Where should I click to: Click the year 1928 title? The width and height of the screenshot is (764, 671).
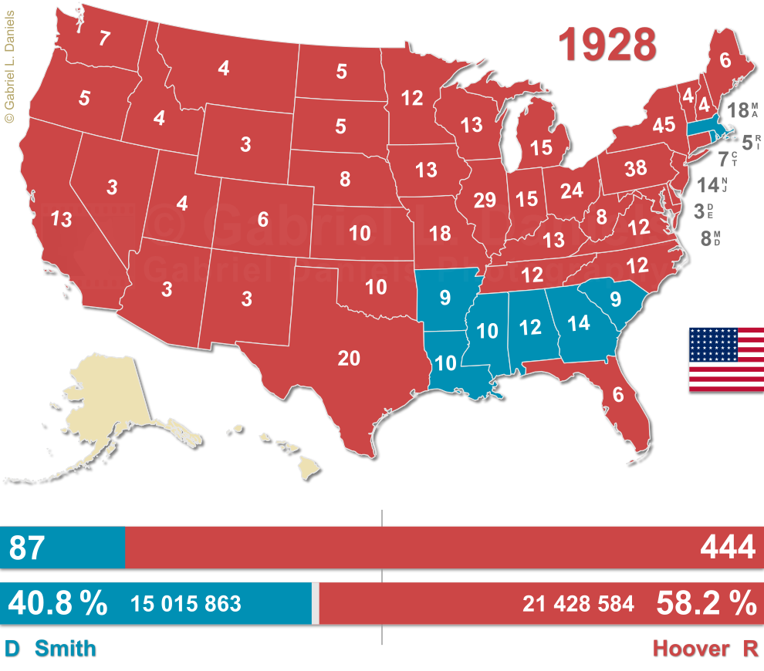click(607, 45)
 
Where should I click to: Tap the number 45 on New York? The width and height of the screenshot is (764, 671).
click(663, 124)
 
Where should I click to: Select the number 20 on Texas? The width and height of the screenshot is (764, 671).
click(349, 357)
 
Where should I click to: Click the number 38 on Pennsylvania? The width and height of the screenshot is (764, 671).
click(635, 167)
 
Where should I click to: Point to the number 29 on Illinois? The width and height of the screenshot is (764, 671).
click(485, 201)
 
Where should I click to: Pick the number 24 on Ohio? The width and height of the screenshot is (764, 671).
click(572, 191)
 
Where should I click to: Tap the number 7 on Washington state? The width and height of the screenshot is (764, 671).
click(104, 39)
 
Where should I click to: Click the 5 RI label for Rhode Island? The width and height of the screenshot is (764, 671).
click(751, 142)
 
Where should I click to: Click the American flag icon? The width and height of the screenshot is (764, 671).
click(725, 359)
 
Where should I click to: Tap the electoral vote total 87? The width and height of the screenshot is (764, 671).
click(28, 548)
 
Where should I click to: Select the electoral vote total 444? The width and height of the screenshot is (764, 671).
click(727, 548)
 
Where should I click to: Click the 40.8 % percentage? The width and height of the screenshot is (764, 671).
click(57, 603)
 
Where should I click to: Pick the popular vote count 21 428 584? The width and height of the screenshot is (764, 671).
click(578, 604)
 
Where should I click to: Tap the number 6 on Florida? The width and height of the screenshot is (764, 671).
click(617, 393)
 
